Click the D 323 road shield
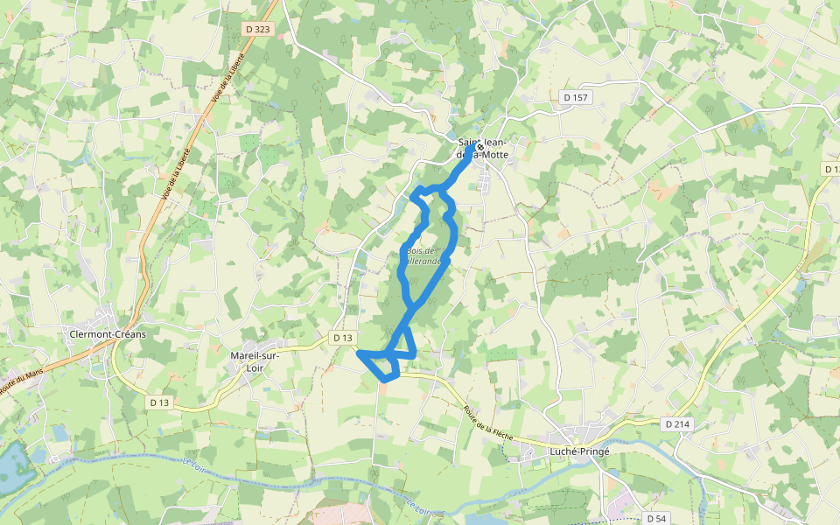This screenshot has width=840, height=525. click(258, 29)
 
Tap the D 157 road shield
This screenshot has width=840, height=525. click(575, 97)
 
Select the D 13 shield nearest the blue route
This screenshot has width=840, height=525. click(342, 337)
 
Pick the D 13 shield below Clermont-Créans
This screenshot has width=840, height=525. click(158, 402)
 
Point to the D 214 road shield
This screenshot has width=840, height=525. click(677, 423)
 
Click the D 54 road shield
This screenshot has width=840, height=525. click(657, 518)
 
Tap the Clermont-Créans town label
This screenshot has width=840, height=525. click(108, 334)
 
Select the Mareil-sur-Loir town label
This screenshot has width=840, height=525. click(254, 362)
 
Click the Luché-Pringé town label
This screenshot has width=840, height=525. click(579, 451)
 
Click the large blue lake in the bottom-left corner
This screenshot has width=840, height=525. click(12, 468)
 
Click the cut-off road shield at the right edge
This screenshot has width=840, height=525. click(832, 168)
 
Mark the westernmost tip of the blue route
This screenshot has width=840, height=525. click(359, 353)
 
